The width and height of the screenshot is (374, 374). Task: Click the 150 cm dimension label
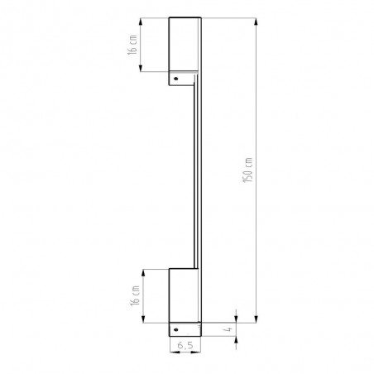click(247, 170)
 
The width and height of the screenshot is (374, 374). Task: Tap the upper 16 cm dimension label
click(132, 45)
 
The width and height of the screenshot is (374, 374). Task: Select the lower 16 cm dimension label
click(136, 295)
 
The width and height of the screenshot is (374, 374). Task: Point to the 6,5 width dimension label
click(185, 345)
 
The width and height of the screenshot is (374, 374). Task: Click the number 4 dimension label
click(228, 329)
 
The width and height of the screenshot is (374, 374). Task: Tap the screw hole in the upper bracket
click(176, 79)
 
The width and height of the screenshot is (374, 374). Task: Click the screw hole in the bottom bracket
click(176, 329)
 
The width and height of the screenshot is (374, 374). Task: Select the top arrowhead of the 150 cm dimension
click(257, 22)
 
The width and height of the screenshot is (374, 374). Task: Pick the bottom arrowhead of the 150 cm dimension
click(257, 319)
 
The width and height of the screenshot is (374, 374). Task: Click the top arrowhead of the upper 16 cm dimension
click(141, 22)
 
